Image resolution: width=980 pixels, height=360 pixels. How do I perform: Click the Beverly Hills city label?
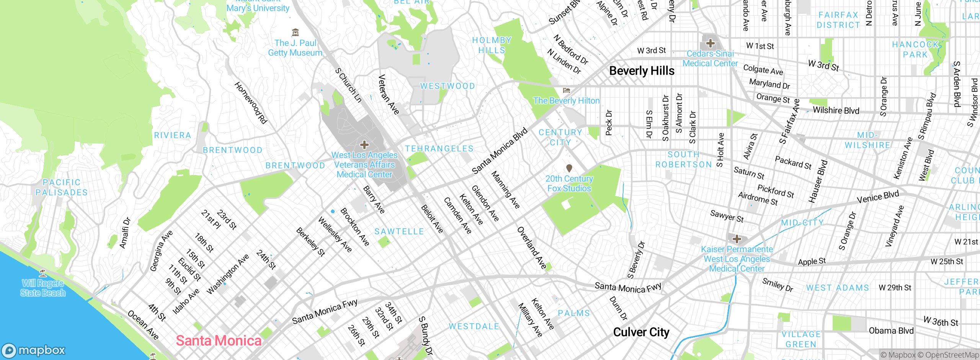pos(642,71)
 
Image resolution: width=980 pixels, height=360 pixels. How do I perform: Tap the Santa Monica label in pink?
pos(219,340)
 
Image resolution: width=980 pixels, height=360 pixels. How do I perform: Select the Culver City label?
pos(641,332)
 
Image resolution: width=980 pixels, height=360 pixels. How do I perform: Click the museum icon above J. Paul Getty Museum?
pos(295,32)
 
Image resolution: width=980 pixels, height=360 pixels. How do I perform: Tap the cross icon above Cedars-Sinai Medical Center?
pos(710,43)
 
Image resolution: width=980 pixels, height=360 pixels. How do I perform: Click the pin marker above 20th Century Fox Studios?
pos(569,168)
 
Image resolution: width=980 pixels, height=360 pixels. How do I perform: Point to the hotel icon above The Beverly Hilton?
pos(567,90)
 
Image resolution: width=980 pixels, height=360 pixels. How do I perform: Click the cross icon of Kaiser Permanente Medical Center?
pos(737,239)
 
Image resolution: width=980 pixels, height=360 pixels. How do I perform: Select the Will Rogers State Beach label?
pos(43,288)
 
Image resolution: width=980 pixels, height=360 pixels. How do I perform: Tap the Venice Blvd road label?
pos(877,197)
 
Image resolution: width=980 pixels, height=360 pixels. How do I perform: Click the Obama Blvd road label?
pos(891,331)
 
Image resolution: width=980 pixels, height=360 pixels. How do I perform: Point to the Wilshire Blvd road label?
pos(836,110)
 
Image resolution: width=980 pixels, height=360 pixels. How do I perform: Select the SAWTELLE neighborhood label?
pos(399,231)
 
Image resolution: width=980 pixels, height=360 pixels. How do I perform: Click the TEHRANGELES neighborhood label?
pos(439,149)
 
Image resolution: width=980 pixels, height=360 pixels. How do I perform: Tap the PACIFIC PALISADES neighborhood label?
pos(61,187)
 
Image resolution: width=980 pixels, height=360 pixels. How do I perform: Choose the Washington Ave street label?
pos(228,274)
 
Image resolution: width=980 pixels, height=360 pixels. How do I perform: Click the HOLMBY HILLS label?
pos(492,45)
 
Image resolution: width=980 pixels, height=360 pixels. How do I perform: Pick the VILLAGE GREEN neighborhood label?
pos(801,339)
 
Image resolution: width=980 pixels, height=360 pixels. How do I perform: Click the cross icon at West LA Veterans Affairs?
pos(364,145)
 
